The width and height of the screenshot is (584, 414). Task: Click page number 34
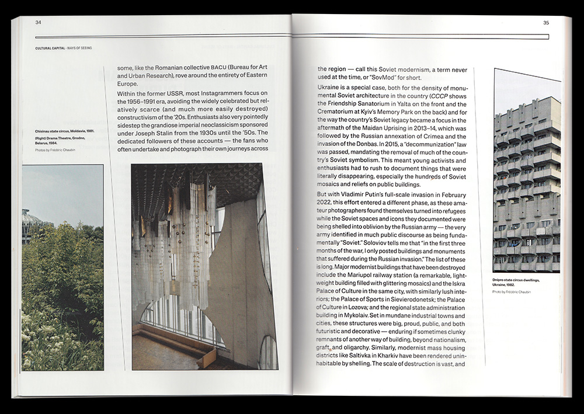[x=38, y=23]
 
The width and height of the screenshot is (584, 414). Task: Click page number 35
[x=546, y=23]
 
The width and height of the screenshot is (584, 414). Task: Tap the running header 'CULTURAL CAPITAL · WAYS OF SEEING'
[x=63, y=48]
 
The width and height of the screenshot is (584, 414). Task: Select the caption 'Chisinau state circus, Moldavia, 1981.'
[x=64, y=131]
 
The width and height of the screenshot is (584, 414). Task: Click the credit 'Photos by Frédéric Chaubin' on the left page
[x=55, y=151]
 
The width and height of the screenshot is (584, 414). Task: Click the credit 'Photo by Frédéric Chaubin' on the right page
[x=512, y=291]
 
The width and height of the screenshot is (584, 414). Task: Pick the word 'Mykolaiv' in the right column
[x=350, y=315]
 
